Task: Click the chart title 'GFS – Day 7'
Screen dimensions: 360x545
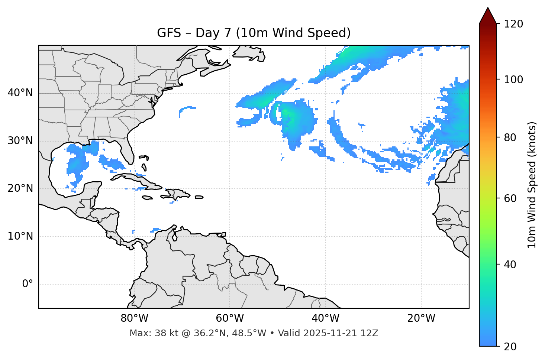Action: (x=254, y=33)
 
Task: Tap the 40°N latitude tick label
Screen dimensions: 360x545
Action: (x=20, y=93)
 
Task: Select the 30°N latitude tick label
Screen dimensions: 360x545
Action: (x=20, y=141)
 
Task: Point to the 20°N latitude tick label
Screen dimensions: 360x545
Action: (x=20, y=188)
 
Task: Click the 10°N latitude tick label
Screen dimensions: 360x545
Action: (x=20, y=236)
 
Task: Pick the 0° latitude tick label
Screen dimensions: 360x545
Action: (x=27, y=284)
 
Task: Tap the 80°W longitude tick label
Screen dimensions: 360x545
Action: (x=134, y=318)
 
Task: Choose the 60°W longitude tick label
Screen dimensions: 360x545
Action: (x=230, y=318)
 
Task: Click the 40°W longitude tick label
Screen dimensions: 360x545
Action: (x=325, y=318)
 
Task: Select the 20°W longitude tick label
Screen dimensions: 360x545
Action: (x=421, y=318)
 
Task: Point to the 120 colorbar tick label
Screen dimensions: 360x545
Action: (x=513, y=24)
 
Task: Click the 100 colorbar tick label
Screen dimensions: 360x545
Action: (x=513, y=80)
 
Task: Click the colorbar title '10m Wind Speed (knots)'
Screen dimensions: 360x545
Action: (x=532, y=185)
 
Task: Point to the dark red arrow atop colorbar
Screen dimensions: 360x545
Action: (x=488, y=16)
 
